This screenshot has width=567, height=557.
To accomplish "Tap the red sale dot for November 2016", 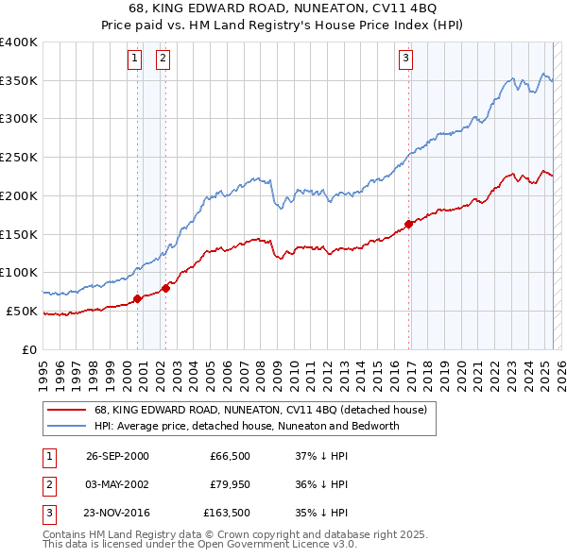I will tap(409, 224).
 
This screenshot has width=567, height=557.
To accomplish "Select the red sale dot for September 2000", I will tap(137, 298).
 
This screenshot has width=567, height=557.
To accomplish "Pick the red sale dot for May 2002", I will tap(164, 288).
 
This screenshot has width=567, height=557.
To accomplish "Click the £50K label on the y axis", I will tap(22, 311).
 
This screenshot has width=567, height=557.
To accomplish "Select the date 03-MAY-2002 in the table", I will tap(117, 484).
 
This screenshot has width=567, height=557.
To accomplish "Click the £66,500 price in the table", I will tap(228, 456).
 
